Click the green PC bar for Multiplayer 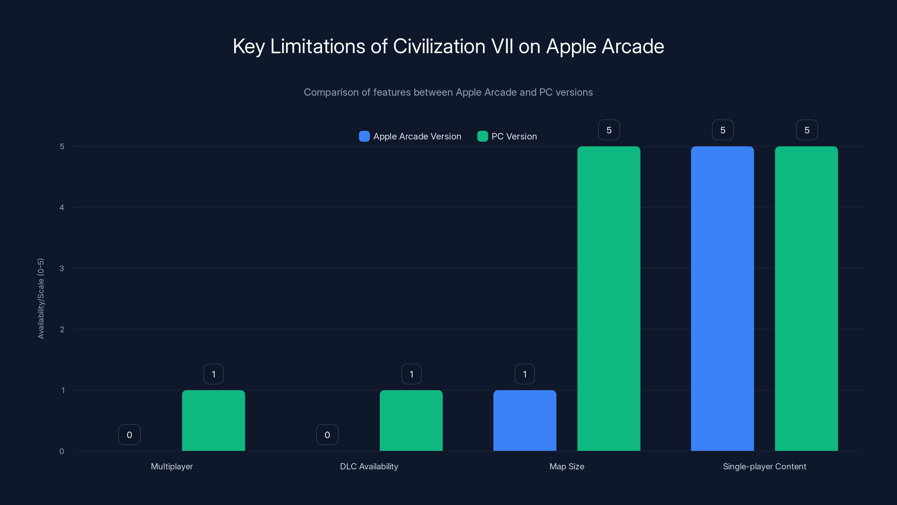(x=213, y=420)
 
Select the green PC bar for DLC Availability (x=411, y=420)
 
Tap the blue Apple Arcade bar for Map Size (x=524, y=420)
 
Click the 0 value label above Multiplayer (x=129, y=435)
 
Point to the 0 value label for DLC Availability (x=327, y=435)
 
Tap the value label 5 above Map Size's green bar (x=609, y=130)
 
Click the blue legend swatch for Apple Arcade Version (x=364, y=136)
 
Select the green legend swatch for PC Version (x=482, y=136)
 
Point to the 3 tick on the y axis (x=62, y=268)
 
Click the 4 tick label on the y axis (x=62, y=207)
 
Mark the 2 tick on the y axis (x=62, y=329)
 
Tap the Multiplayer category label (x=172, y=466)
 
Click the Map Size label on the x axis (x=567, y=466)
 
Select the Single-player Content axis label (x=764, y=466)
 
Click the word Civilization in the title (x=439, y=46)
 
